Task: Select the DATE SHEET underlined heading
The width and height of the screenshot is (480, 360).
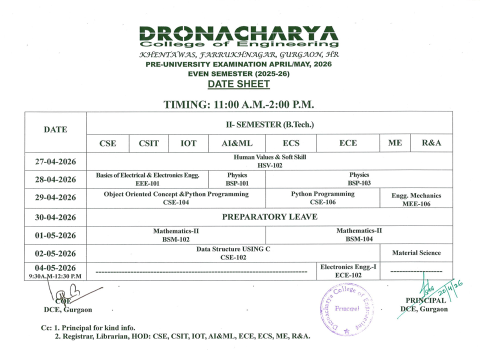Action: (x=238, y=84)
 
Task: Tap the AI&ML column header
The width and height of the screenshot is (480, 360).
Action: (x=237, y=143)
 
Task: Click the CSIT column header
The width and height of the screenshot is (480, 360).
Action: (x=149, y=143)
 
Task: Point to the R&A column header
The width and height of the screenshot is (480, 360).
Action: (x=431, y=143)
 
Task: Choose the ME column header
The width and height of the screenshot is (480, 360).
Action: (x=395, y=143)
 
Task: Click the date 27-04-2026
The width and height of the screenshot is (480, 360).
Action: (x=55, y=161)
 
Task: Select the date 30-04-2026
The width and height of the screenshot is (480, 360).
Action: (x=55, y=217)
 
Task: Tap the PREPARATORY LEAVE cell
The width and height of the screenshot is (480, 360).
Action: (x=269, y=217)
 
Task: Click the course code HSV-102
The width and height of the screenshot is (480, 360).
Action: (x=270, y=165)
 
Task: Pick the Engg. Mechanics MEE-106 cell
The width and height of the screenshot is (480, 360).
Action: (x=416, y=199)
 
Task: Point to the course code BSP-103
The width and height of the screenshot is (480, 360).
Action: (x=359, y=183)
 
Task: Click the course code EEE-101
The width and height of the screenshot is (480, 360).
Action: (x=147, y=183)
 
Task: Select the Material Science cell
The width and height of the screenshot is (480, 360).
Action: (x=416, y=253)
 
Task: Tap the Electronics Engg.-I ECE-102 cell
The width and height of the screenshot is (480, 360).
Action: (x=348, y=271)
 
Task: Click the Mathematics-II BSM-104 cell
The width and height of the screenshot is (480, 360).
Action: (x=359, y=235)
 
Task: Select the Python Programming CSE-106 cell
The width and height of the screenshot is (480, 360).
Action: (x=322, y=198)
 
